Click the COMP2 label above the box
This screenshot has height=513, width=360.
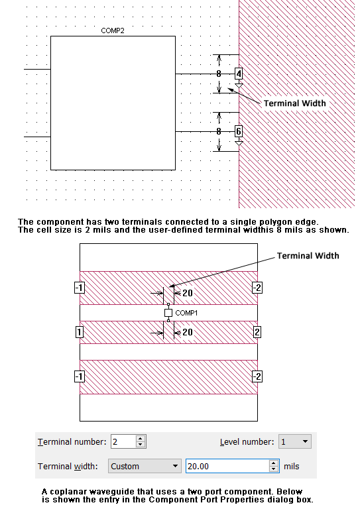(x=113, y=30)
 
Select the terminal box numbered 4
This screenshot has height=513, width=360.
(x=239, y=74)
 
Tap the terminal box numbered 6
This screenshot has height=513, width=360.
(x=239, y=131)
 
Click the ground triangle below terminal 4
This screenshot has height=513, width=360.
(x=239, y=85)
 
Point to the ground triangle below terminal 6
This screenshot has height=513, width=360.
(x=239, y=143)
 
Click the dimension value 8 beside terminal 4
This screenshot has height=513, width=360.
(x=219, y=74)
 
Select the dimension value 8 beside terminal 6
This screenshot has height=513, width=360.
(x=219, y=131)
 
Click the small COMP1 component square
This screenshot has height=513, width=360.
(x=168, y=313)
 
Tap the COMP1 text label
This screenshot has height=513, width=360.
(x=186, y=313)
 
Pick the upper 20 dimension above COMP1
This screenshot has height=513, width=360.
(x=188, y=293)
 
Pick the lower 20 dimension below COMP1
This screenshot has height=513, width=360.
(x=188, y=332)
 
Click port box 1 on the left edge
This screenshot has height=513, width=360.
(x=80, y=332)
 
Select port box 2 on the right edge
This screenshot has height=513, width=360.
(x=257, y=332)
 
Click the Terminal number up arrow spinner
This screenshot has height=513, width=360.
(x=140, y=438)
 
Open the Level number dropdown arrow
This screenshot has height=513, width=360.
(x=305, y=441)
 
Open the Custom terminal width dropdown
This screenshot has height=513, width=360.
(x=145, y=466)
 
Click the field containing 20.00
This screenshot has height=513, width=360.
(x=228, y=466)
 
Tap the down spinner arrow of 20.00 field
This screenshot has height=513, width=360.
(x=274, y=469)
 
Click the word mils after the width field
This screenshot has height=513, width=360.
(x=292, y=466)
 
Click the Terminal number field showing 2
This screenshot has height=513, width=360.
(x=123, y=441)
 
